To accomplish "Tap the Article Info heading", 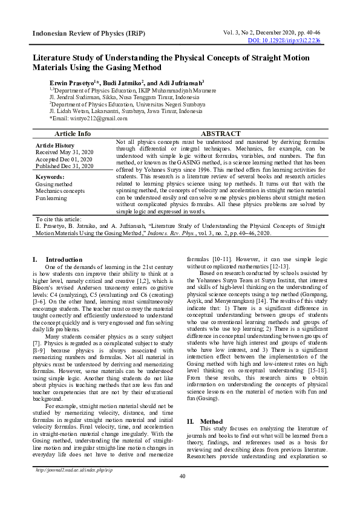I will point(73,133).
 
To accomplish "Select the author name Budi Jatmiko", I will point(123,82).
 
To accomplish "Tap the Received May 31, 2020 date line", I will point(64,152).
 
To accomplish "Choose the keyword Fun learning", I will point(51,198).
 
